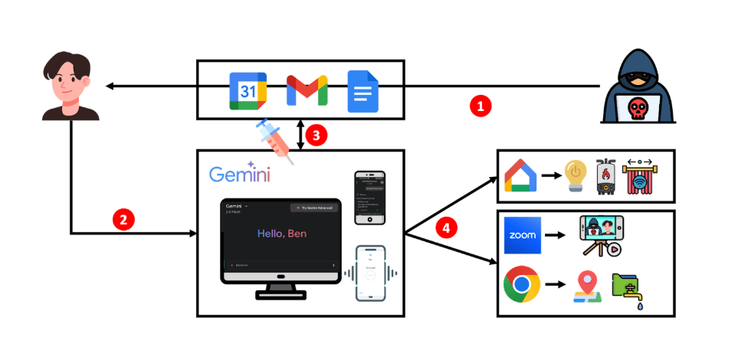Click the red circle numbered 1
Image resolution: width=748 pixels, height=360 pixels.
tap(481, 106)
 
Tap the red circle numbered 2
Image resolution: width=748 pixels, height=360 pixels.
tap(124, 219)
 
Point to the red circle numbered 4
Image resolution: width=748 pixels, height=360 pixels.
tap(446, 227)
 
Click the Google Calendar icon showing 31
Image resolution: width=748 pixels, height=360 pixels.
tap(248, 91)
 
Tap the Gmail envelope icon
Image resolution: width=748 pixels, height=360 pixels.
tap(307, 91)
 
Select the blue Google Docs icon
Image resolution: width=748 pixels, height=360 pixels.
tap(363, 90)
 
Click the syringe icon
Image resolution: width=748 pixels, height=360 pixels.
tap(274, 140)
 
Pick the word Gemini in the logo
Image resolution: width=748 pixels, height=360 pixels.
tap(239, 175)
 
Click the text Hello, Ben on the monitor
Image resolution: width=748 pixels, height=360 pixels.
tap(281, 234)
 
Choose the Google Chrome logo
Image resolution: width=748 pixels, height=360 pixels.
tap(522, 286)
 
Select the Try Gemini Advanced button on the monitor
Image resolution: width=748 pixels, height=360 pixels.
tap(314, 208)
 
